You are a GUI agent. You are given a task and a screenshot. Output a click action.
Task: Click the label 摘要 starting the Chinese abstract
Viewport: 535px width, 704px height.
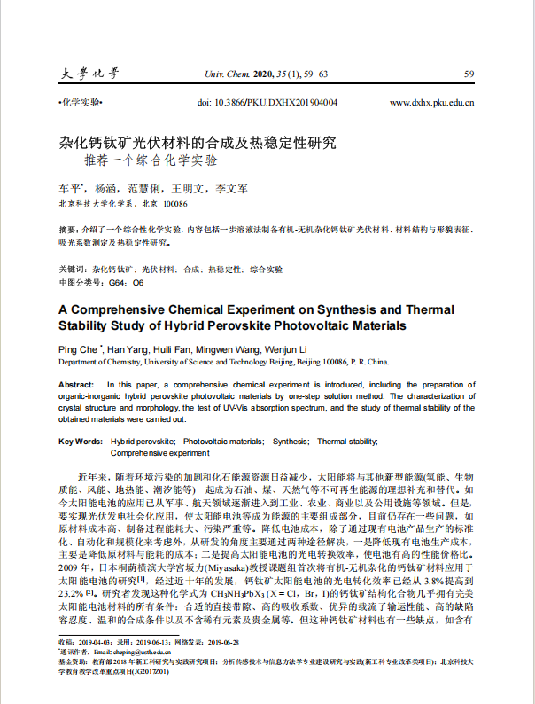pyautogui.click(x=66, y=229)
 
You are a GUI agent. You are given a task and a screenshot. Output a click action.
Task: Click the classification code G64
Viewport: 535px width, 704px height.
pyautogui.click(x=117, y=282)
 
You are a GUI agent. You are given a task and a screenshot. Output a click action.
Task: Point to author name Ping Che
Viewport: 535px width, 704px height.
pyautogui.click(x=79, y=348)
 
